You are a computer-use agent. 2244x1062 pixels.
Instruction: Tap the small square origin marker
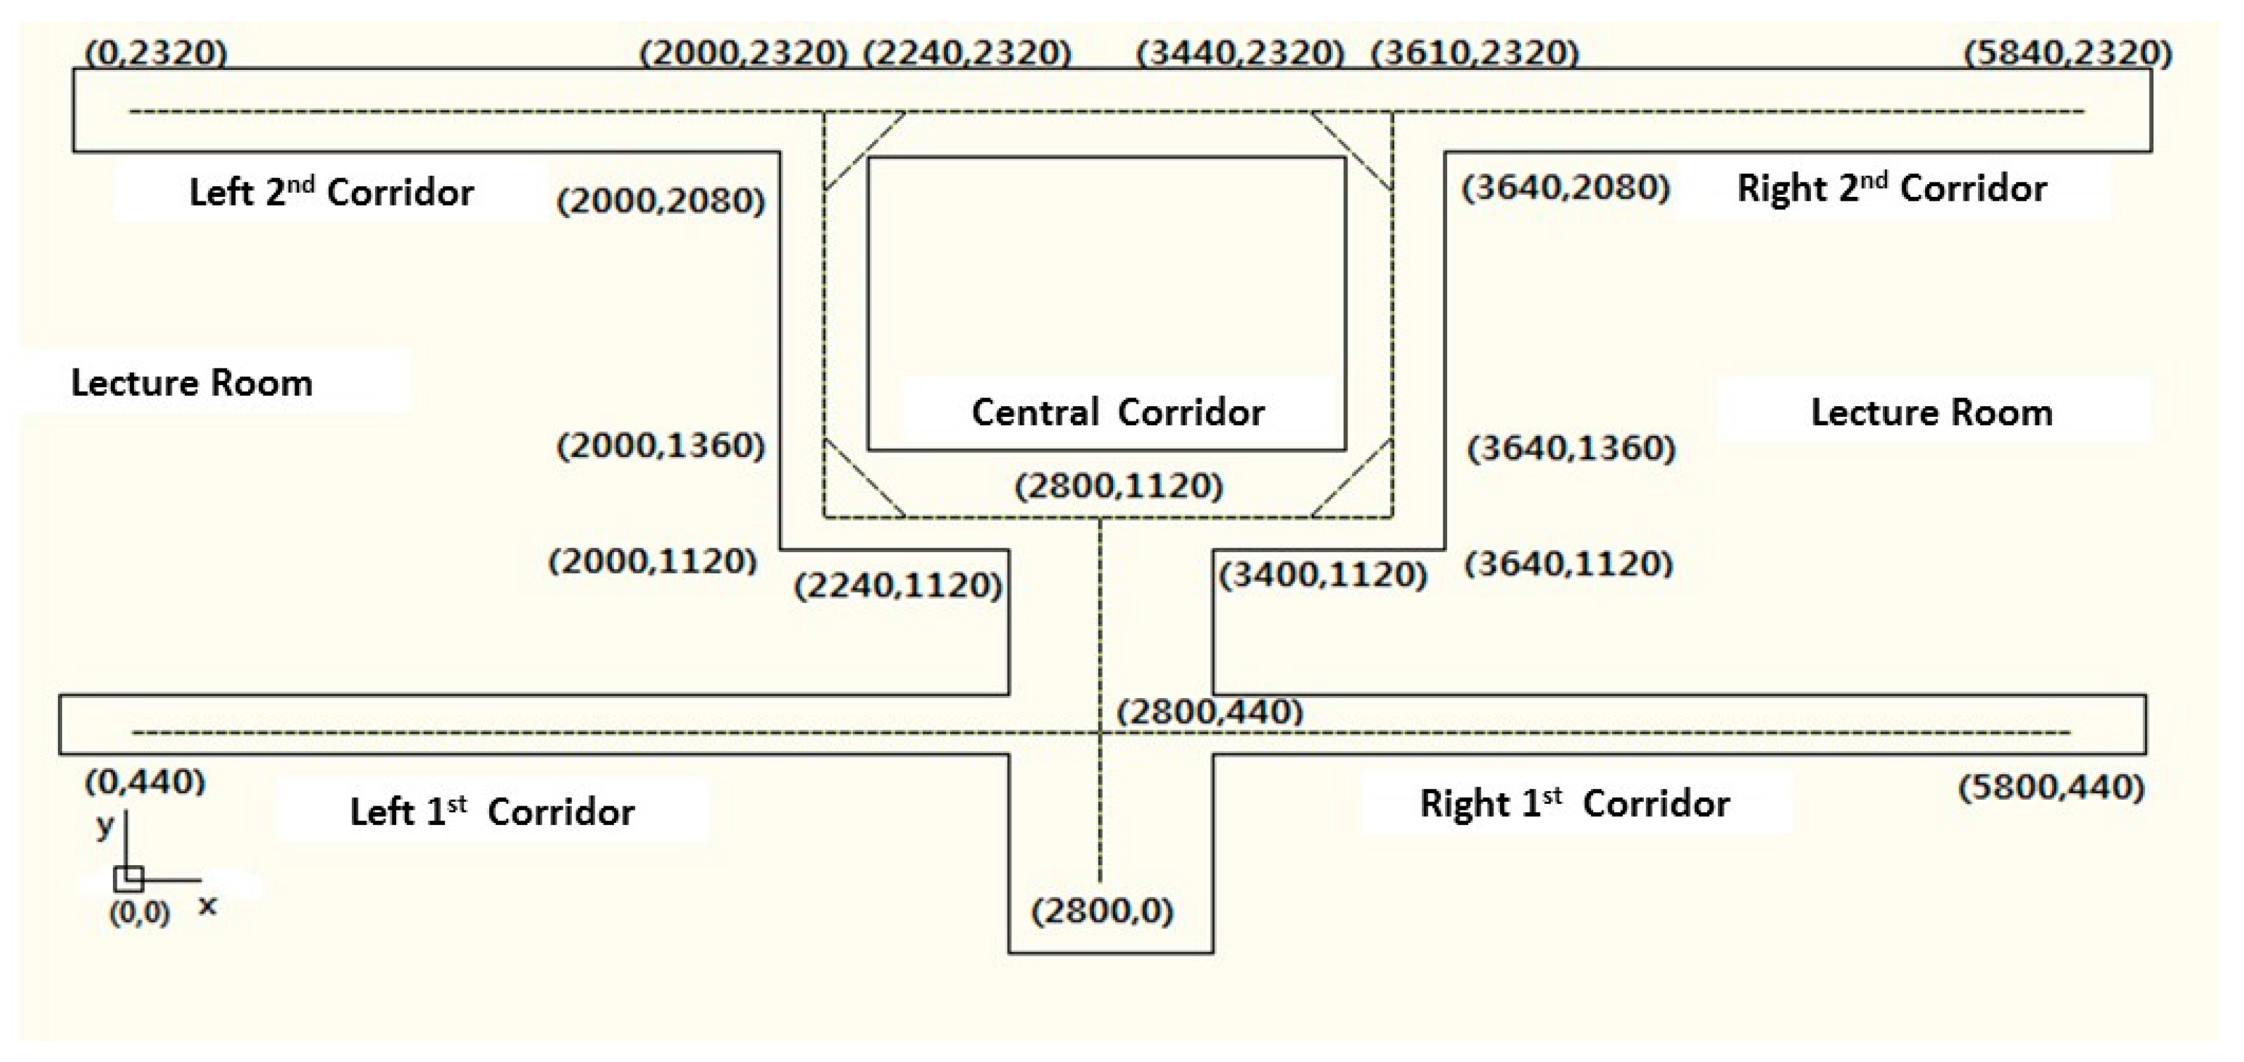point(128,878)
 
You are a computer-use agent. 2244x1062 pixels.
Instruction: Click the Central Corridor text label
point(1118,412)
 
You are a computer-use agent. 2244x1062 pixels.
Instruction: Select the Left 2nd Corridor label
point(331,192)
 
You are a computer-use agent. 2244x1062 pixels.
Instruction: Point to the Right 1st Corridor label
point(1574,803)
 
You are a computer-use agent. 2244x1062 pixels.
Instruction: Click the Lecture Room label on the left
point(191,383)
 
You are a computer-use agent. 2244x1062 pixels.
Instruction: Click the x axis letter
point(207,906)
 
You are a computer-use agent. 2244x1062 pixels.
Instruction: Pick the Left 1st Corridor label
point(493,812)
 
